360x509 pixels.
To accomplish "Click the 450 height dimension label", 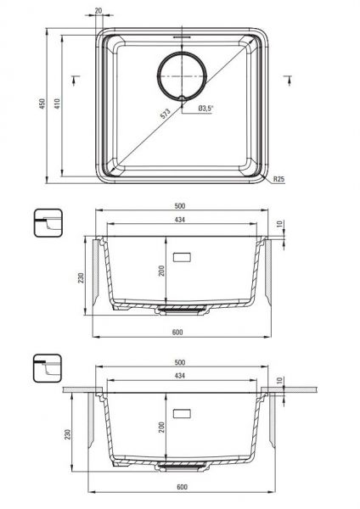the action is point(42,103).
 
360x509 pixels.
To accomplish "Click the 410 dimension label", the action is point(57,103).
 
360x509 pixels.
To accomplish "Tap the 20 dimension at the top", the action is point(98,11).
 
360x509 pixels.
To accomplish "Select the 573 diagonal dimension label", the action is point(166,114).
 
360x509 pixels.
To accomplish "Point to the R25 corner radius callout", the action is point(278,179).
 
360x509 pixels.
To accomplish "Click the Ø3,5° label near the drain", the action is point(205,109).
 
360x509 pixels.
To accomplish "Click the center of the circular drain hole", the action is point(182,76).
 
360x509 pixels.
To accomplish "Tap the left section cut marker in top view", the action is point(76,81).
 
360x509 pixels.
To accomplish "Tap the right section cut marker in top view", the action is point(288,81).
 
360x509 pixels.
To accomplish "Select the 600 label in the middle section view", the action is point(177,332).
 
